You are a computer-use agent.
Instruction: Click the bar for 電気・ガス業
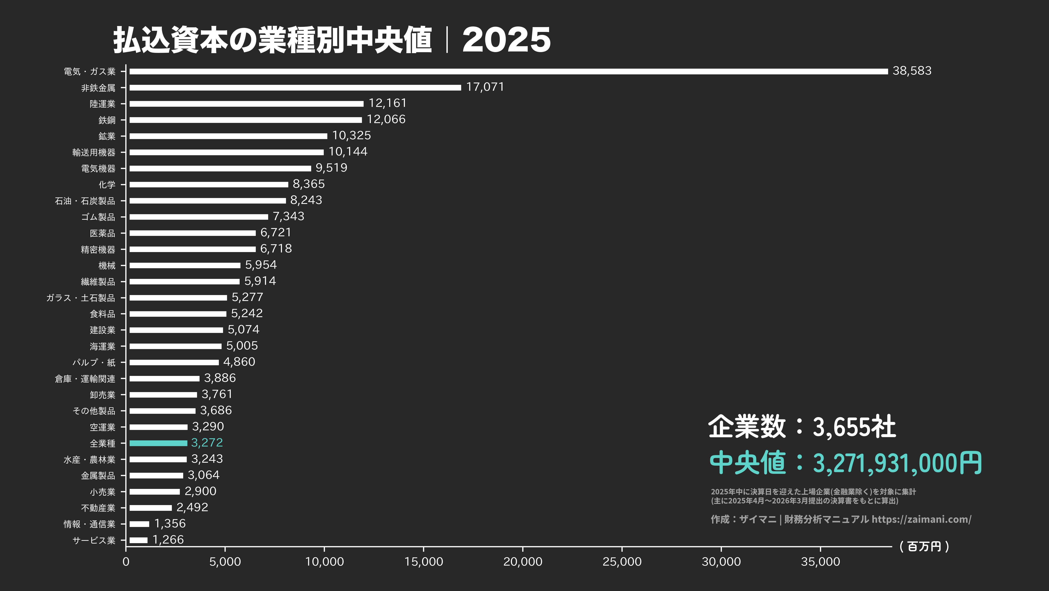pos(508,71)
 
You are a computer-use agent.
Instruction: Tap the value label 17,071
pos(485,87)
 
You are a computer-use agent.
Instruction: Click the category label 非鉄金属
pos(98,88)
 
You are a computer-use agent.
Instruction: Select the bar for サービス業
pos(138,540)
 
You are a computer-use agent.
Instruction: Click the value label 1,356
pos(170,523)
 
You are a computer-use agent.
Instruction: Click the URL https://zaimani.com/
pos(921,519)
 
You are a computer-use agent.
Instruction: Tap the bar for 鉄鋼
pos(245,120)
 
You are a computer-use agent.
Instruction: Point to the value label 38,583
pos(912,71)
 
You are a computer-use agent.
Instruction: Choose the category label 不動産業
pos(98,508)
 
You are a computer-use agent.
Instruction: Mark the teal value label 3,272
pos(207,443)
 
